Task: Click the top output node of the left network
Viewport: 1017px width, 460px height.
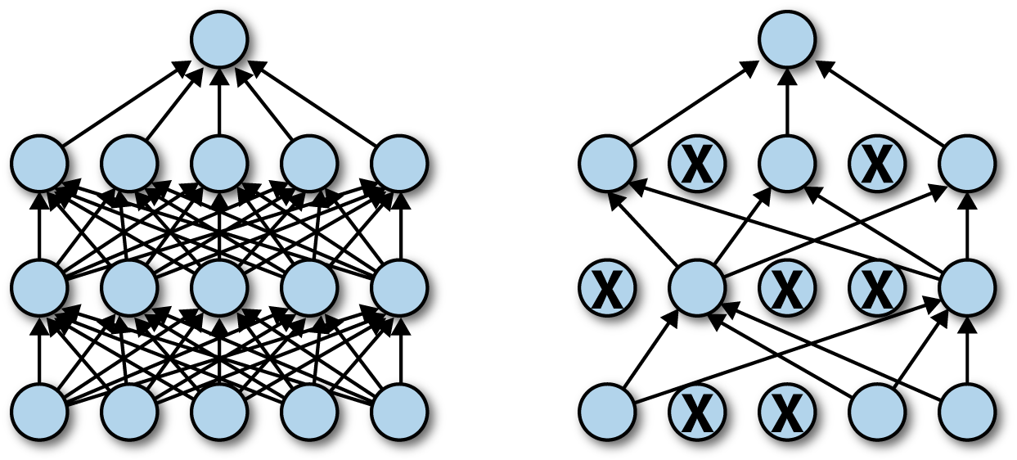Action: pos(219,39)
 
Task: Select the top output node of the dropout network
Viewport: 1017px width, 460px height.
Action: pos(787,39)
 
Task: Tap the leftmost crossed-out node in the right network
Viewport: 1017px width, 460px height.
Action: pos(607,287)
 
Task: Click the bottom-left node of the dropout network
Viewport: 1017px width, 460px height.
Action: pos(607,411)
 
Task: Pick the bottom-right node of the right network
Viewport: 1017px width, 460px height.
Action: pos(967,411)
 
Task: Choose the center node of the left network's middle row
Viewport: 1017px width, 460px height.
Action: pos(219,287)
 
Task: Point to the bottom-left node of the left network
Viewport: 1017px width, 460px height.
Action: pos(39,411)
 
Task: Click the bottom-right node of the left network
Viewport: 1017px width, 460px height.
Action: pos(399,411)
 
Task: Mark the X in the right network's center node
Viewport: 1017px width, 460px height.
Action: pos(787,288)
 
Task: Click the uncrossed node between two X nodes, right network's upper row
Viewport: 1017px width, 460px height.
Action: pos(787,164)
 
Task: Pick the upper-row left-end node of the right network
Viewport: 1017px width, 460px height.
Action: pos(607,164)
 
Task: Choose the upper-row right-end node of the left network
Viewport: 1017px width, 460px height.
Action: pos(399,164)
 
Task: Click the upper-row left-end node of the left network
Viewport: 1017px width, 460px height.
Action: pos(39,164)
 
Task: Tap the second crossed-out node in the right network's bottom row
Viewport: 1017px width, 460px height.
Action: pos(787,411)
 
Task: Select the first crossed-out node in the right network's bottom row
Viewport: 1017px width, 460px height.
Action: pos(697,411)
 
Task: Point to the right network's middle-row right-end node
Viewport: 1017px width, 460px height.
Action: pos(967,287)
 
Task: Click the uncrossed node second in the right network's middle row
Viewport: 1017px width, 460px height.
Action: pos(697,287)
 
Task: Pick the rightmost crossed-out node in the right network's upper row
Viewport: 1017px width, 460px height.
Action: pos(877,164)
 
